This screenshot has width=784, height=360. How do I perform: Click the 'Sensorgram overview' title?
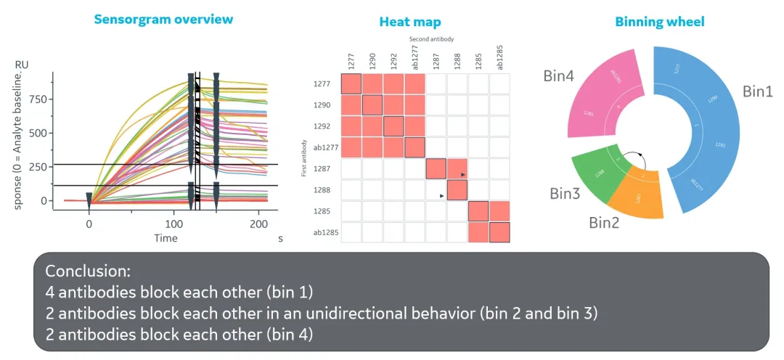[163, 19]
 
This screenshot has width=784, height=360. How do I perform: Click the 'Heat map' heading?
[409, 22]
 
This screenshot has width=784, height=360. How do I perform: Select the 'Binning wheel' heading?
[659, 22]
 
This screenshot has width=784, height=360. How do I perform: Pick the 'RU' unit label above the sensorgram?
[23, 65]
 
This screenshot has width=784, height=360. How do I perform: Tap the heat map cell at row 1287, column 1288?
[457, 169]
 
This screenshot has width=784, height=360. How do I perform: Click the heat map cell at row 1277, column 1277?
[351, 83]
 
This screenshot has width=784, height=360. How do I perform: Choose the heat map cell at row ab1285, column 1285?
[478, 233]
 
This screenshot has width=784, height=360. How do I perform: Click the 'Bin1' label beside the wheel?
[757, 92]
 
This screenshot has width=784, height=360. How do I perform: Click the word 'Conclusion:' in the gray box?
[88, 271]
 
